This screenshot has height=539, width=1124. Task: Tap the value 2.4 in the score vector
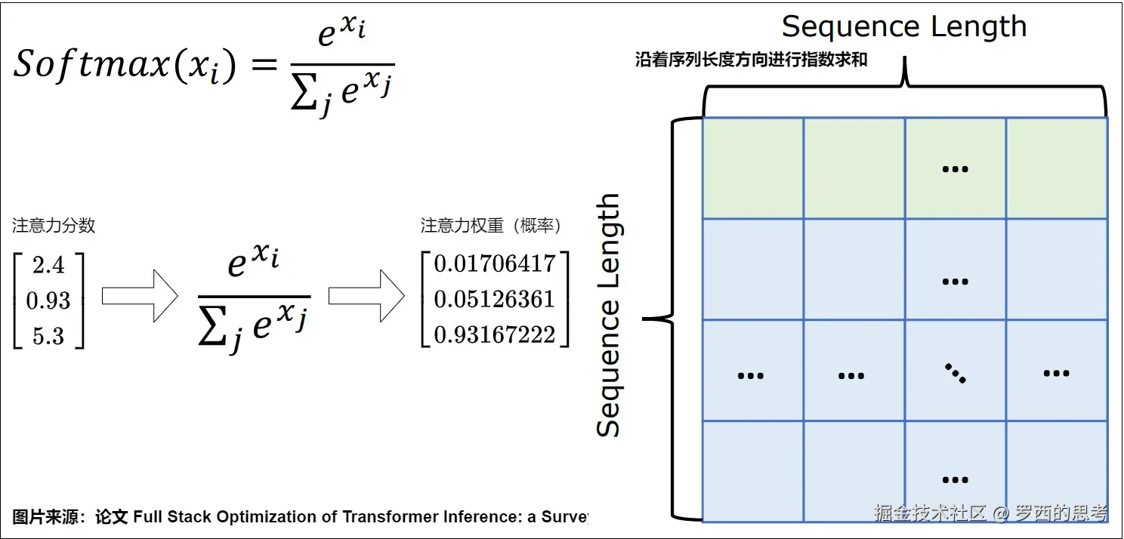tap(48, 266)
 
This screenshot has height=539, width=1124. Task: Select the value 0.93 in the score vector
tap(48, 301)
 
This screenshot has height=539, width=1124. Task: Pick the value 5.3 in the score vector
tap(48, 336)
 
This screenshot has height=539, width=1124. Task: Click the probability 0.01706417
tap(495, 264)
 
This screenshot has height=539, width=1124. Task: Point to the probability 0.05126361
tap(495, 300)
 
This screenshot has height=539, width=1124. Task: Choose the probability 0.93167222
tap(495, 334)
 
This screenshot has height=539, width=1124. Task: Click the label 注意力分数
tap(54, 225)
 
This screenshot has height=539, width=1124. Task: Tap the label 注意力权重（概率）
tap(491, 225)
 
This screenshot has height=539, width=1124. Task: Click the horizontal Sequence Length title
tap(904, 27)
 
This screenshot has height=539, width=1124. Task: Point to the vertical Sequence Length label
tap(608, 316)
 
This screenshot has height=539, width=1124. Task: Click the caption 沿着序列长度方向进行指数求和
tap(751, 61)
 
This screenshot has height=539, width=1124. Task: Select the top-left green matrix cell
tap(752, 168)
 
